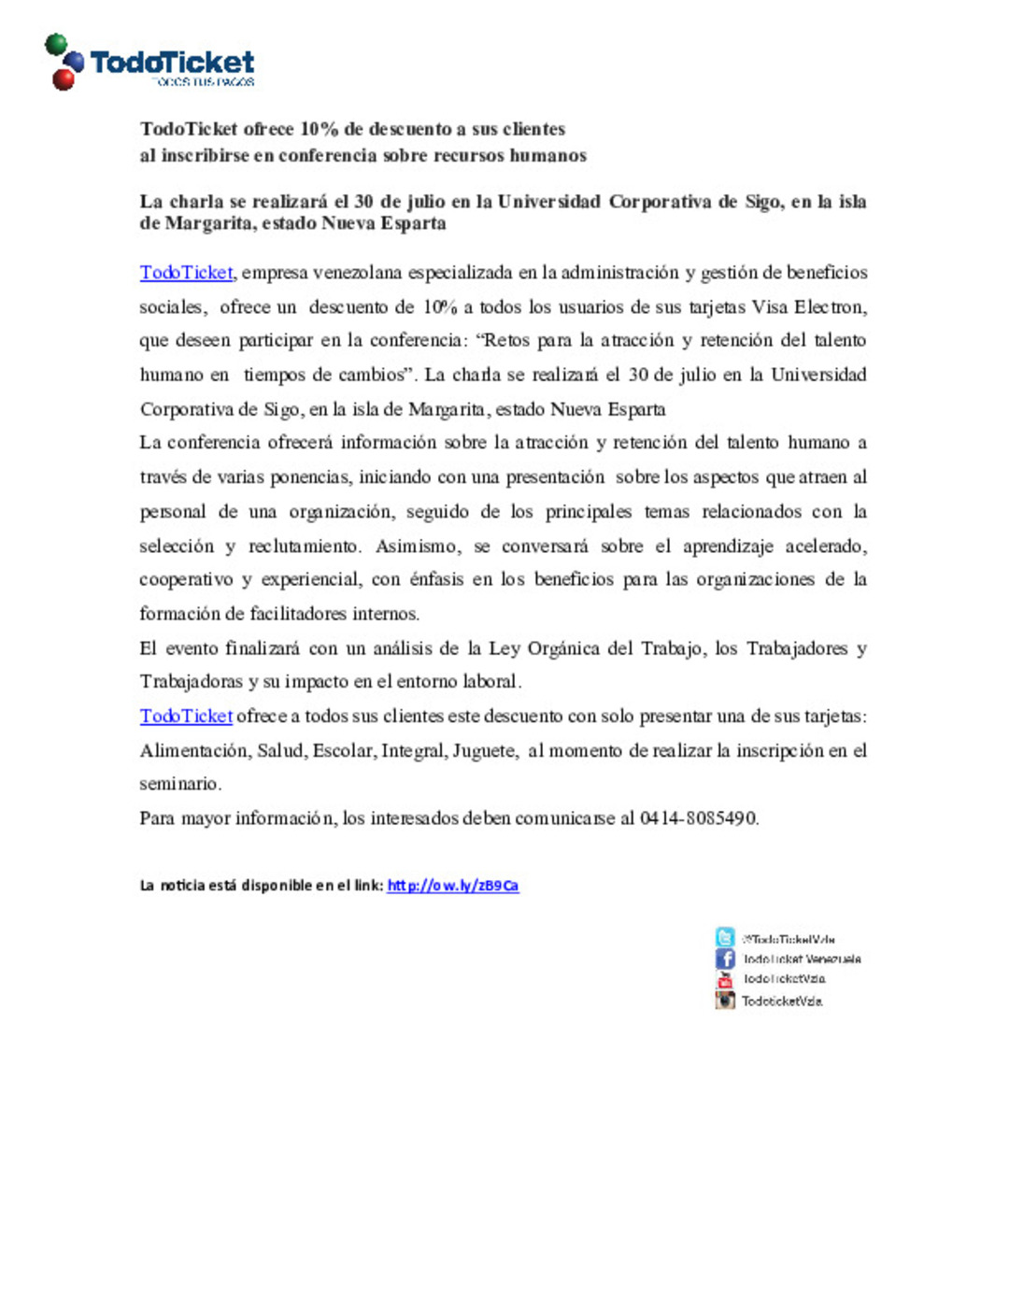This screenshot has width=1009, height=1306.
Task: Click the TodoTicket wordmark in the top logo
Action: point(172,63)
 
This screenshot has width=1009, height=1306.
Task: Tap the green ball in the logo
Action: point(56,44)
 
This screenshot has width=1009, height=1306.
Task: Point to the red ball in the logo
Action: point(64,79)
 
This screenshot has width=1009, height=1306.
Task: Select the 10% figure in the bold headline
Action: point(319,129)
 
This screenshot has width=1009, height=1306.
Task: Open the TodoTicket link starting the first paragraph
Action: point(186,273)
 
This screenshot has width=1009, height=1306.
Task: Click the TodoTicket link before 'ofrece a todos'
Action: point(186,717)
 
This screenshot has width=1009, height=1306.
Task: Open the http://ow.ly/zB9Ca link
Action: point(452,886)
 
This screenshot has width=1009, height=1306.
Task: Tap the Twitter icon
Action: point(725,937)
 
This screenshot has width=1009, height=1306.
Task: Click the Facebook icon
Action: point(725,958)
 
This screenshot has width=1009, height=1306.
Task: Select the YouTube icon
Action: point(725,979)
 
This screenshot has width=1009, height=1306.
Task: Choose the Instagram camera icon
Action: point(725,1001)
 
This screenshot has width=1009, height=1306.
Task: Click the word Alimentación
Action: point(194,751)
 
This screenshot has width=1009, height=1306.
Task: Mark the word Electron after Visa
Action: point(829,307)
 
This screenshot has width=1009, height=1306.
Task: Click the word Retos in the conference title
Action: point(505,341)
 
